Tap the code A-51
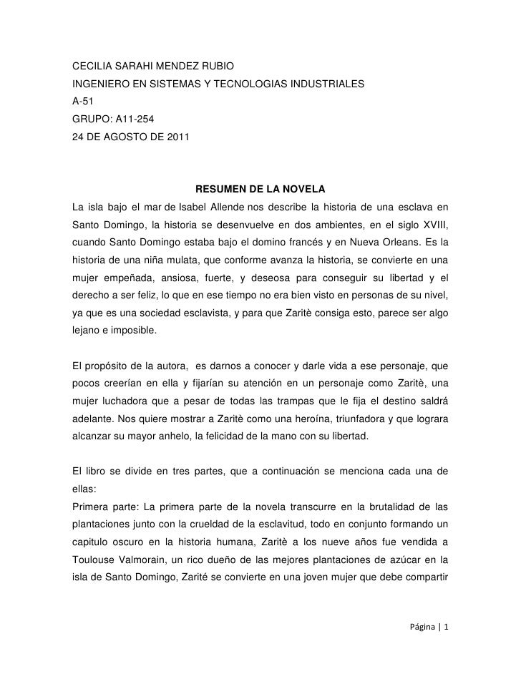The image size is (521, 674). [84, 102]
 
